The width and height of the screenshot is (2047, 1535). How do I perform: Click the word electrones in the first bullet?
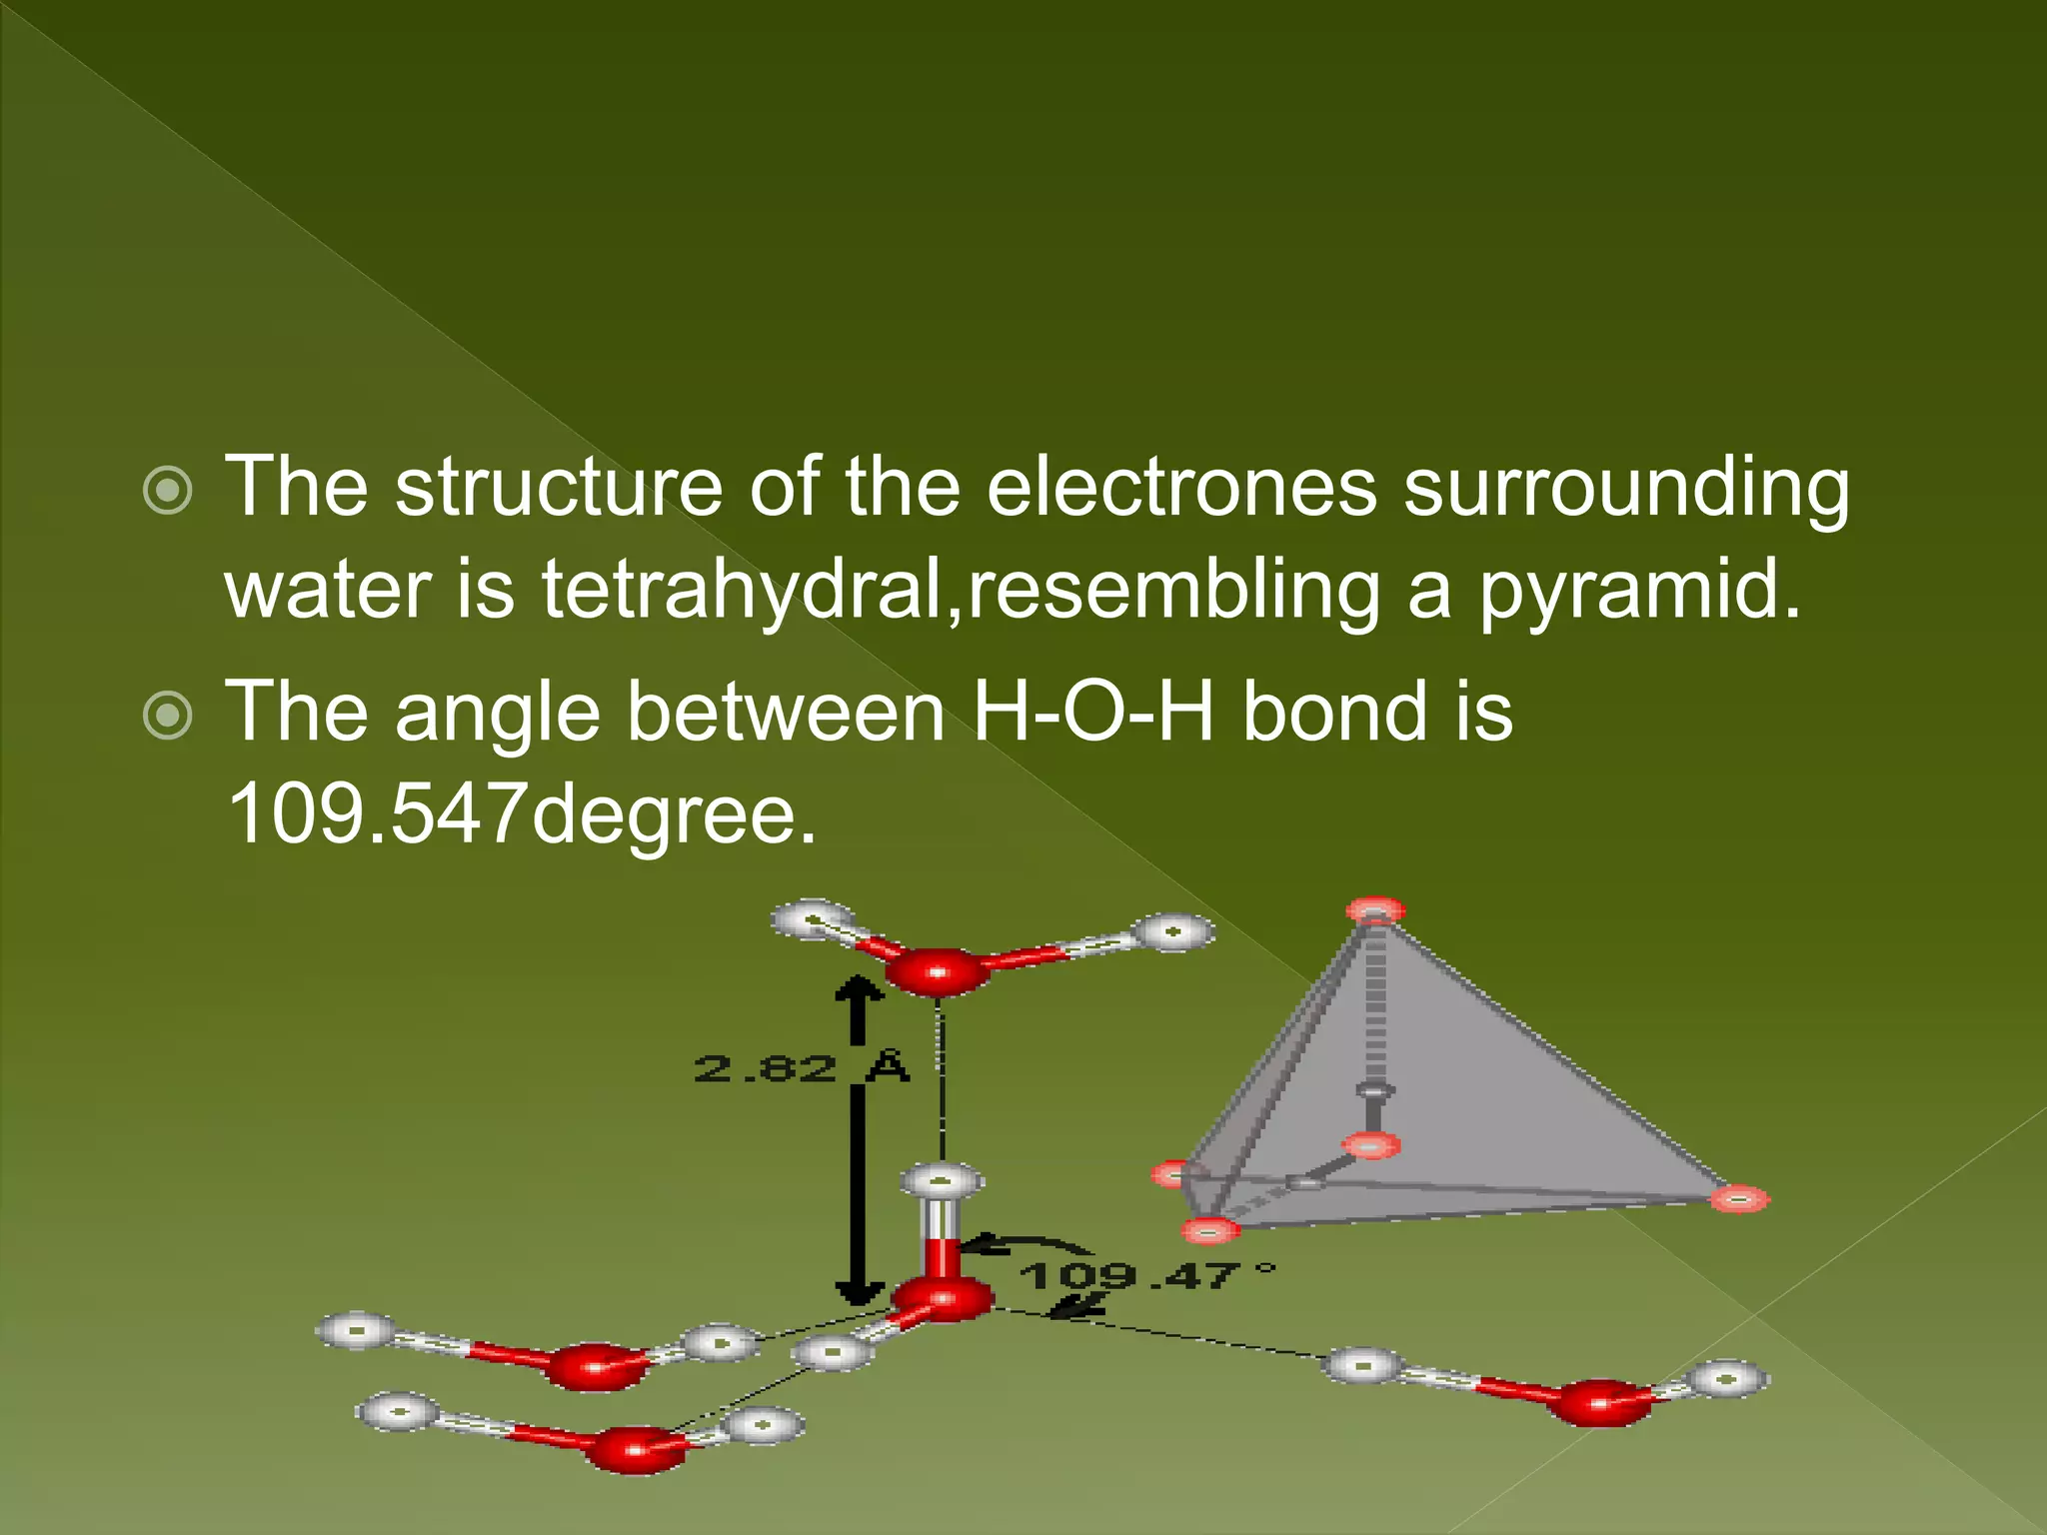pos(1181,487)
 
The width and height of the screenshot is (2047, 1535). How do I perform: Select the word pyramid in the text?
pos(1639,589)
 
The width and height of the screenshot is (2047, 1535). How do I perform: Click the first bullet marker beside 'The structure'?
pos(167,490)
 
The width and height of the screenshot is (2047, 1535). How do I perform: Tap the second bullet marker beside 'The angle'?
pos(167,716)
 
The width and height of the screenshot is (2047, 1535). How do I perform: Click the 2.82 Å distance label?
pos(801,1067)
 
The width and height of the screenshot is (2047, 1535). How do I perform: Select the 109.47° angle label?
pos(1145,1275)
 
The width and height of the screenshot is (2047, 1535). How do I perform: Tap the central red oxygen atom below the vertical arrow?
pos(942,1299)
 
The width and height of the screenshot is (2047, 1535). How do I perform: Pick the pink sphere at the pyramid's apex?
pos(1375,910)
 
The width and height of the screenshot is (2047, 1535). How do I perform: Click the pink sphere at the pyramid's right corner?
pos(1739,1198)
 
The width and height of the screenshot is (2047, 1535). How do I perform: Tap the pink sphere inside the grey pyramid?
pos(1371,1145)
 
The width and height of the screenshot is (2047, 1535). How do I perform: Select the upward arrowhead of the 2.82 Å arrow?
pos(859,989)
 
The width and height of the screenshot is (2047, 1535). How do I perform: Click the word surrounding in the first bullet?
pos(1626,487)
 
